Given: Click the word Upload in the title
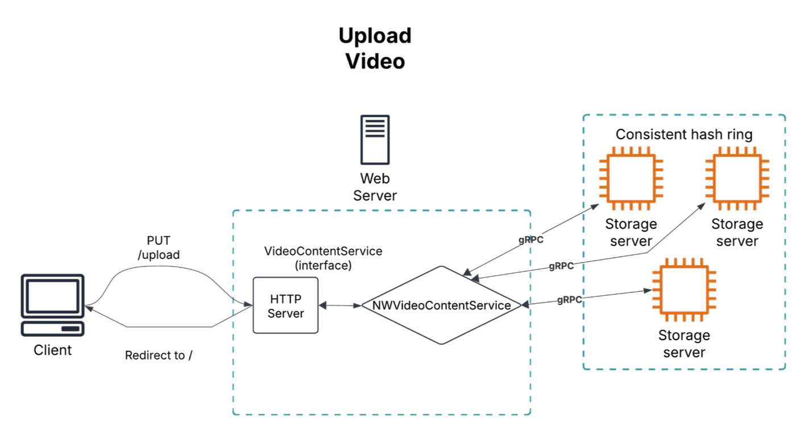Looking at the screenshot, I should (375, 36).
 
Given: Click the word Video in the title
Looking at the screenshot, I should (375, 61).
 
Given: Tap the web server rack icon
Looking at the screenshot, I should (375, 140).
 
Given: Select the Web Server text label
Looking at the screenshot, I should (375, 187).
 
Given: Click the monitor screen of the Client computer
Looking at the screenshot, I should (52, 295).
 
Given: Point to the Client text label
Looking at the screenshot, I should (53, 350).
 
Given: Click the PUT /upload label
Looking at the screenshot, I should (159, 248).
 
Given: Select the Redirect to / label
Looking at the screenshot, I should (159, 355).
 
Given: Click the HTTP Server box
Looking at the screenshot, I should (285, 305).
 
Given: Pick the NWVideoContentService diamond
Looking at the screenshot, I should (441, 305).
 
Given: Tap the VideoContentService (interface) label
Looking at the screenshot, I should (324, 258).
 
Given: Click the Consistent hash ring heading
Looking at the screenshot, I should (684, 135).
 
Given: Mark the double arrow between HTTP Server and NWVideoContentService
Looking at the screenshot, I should (340, 305).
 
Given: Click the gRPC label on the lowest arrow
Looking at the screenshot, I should (569, 300).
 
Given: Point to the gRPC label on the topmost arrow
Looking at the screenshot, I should (531, 240).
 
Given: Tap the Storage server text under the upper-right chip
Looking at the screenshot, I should (737, 233).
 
